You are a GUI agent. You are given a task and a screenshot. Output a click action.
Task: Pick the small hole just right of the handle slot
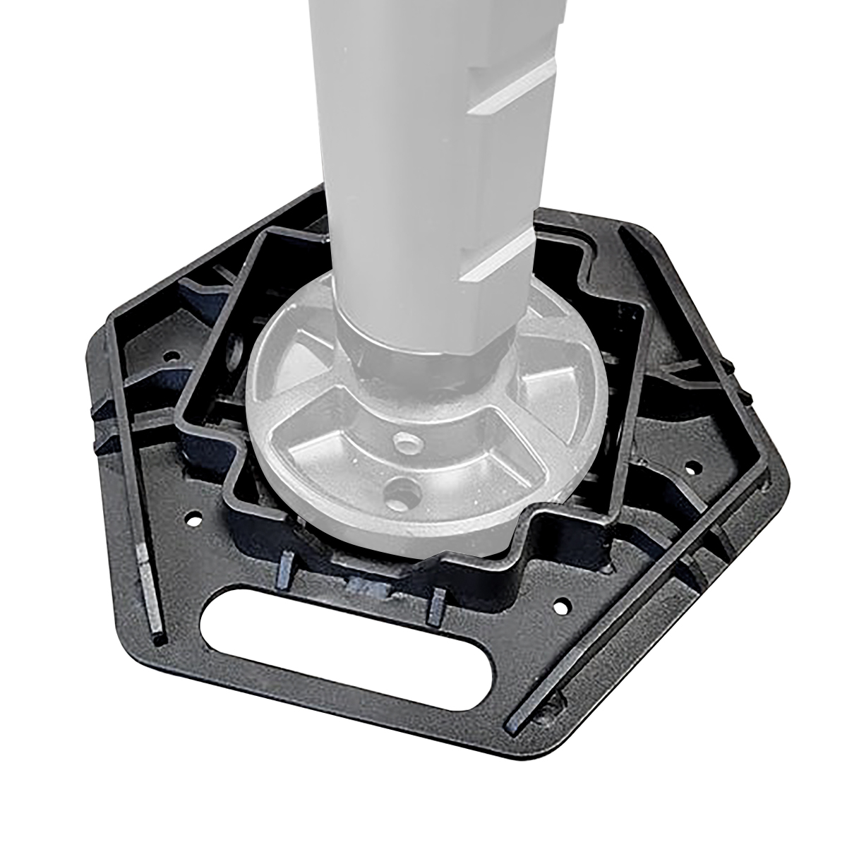(x=561, y=606)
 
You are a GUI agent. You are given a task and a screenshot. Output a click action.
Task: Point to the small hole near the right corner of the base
(x=694, y=467)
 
